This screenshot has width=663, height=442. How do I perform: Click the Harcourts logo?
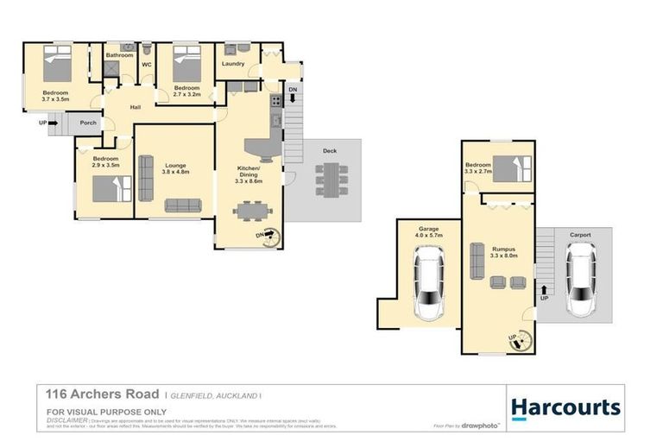click(565, 407)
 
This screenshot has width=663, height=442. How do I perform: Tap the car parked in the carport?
click(581, 279)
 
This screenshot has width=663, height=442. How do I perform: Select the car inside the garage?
click(428, 283)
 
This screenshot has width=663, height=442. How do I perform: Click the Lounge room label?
click(174, 165)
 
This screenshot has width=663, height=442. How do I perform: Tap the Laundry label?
click(233, 64)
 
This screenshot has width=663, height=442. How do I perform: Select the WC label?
click(147, 65)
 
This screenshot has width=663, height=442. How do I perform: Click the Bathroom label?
click(119, 55)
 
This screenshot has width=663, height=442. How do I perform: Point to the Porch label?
click(88, 123)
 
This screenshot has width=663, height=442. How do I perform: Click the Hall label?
click(136, 107)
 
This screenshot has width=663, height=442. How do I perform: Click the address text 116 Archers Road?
click(96, 393)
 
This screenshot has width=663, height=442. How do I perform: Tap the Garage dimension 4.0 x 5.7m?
click(428, 234)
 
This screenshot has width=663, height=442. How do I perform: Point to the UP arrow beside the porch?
click(48, 123)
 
